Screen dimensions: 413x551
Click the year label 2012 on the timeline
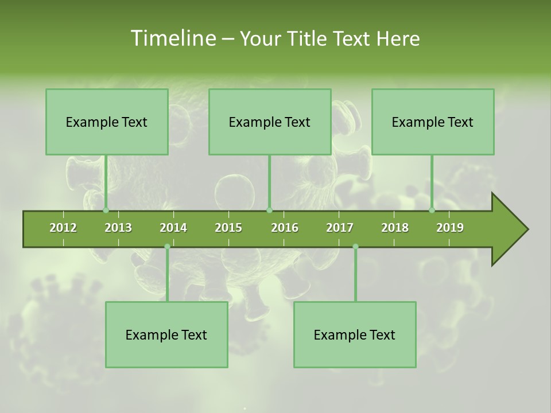(63, 228)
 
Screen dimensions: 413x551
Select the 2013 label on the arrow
(118, 228)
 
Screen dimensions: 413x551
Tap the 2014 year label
(173, 228)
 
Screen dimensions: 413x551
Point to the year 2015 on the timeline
(228, 228)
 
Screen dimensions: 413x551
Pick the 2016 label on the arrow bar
(285, 228)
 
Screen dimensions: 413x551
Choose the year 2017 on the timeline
(340, 228)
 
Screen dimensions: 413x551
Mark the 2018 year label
(395, 228)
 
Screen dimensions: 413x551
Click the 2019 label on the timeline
(450, 228)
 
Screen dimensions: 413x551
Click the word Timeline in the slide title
(172, 38)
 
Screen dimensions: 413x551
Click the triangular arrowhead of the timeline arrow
(508, 229)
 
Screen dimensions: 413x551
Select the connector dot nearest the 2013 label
(106, 210)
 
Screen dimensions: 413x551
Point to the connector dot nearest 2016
(269, 210)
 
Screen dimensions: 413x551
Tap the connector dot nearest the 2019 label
(432, 210)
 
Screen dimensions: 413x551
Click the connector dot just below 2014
(167, 247)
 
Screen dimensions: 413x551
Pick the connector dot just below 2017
(355, 247)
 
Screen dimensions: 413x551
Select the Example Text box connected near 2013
(107, 122)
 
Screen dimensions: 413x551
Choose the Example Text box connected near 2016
(270, 122)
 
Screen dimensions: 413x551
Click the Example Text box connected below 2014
(166, 334)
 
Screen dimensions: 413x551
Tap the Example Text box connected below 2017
(355, 334)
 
